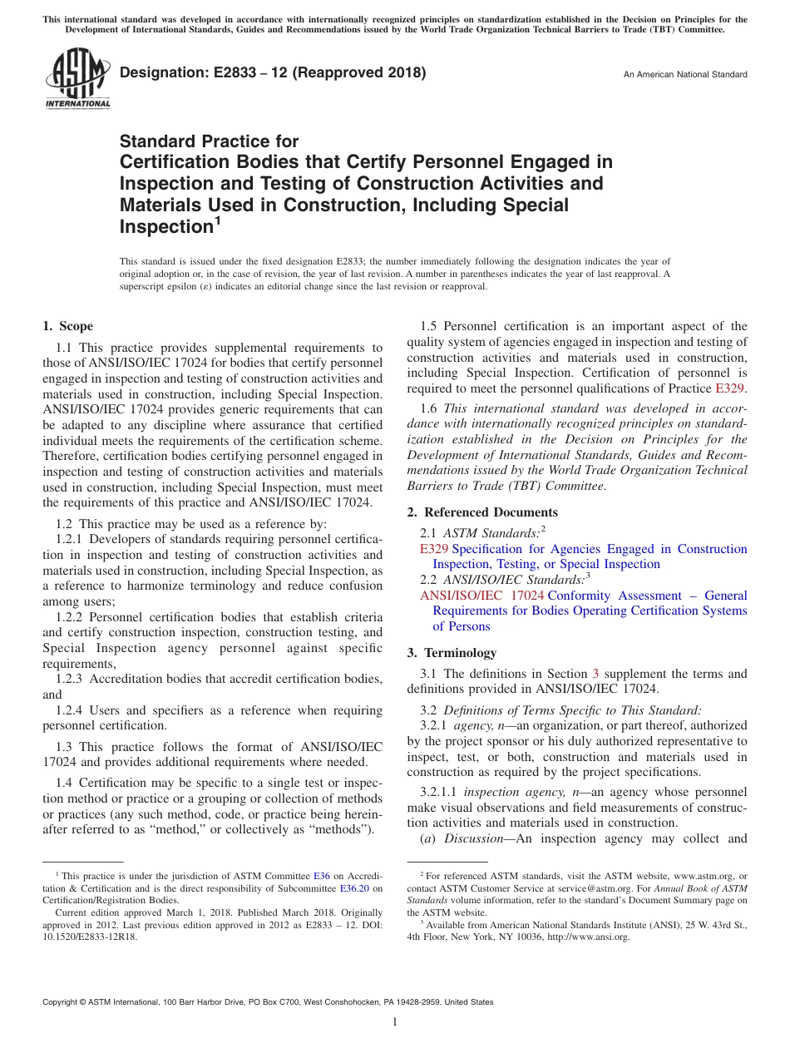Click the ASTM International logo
click(77, 79)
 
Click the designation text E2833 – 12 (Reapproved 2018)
click(273, 72)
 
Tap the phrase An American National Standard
click(685, 75)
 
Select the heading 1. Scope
click(67, 326)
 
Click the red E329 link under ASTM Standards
click(434, 549)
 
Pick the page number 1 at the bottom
click(395, 1022)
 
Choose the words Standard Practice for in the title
click(209, 141)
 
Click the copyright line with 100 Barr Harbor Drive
click(267, 1002)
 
